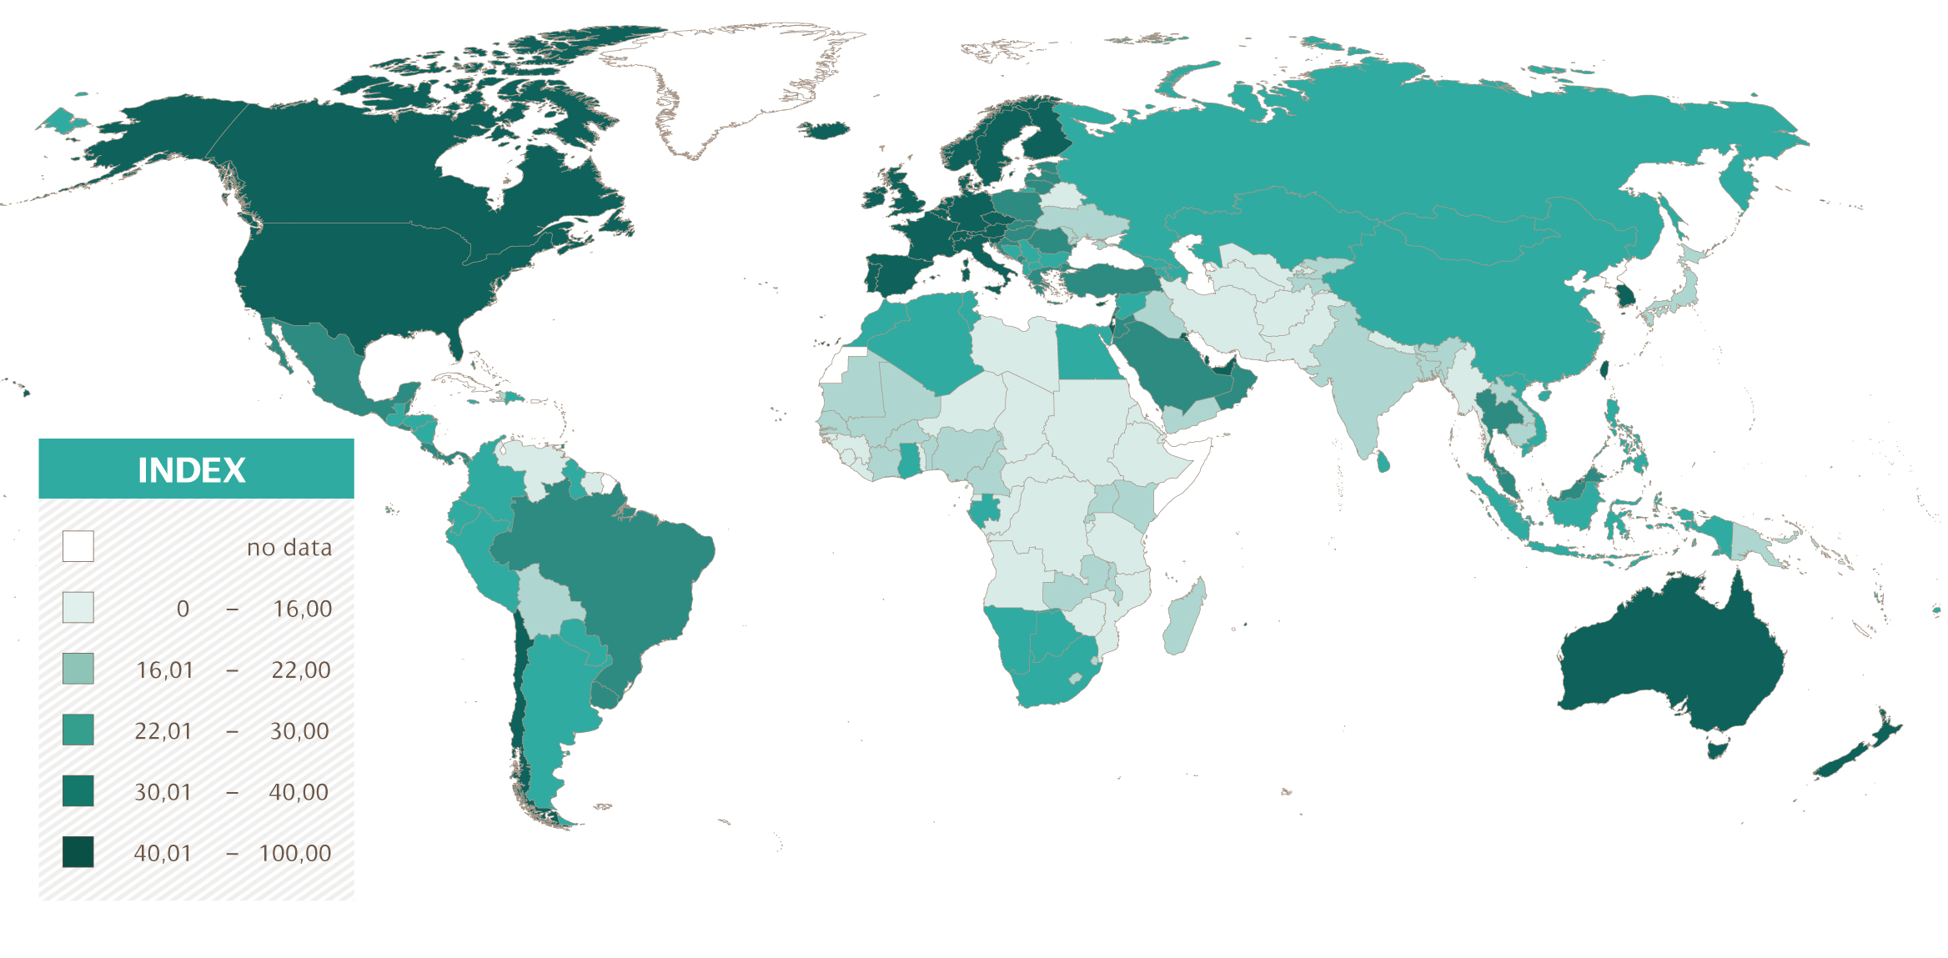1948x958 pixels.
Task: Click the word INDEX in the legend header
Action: (x=191, y=470)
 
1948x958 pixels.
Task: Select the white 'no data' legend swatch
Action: (x=78, y=547)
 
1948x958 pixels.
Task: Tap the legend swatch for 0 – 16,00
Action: (x=78, y=608)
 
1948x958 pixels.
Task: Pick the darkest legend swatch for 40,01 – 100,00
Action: (x=78, y=852)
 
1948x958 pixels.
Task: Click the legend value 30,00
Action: (x=299, y=731)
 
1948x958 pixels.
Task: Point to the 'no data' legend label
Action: (x=289, y=548)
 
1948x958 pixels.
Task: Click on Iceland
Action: (x=825, y=130)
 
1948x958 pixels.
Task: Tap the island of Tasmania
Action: (x=1715, y=748)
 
